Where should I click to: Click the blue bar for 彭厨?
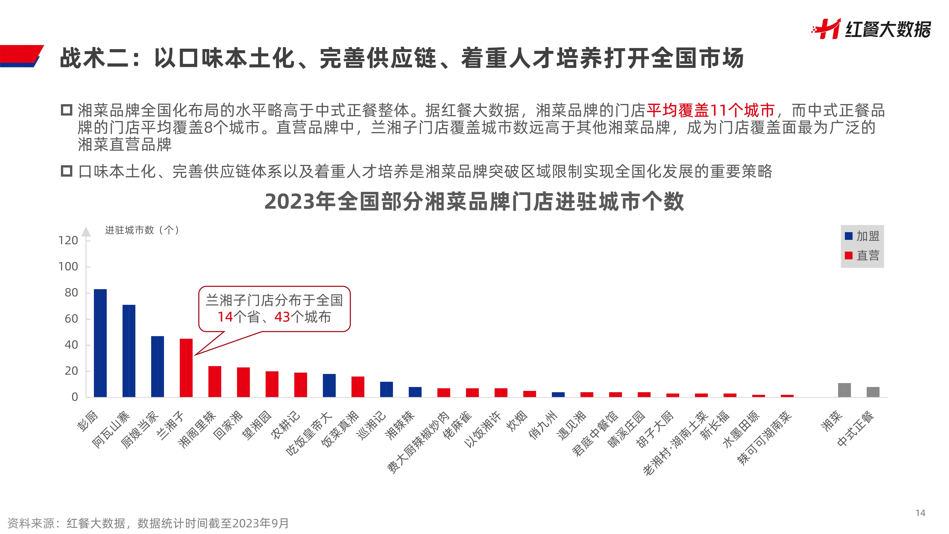point(100,343)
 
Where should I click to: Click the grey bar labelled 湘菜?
point(844,390)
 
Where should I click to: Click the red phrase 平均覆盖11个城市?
point(710,110)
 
